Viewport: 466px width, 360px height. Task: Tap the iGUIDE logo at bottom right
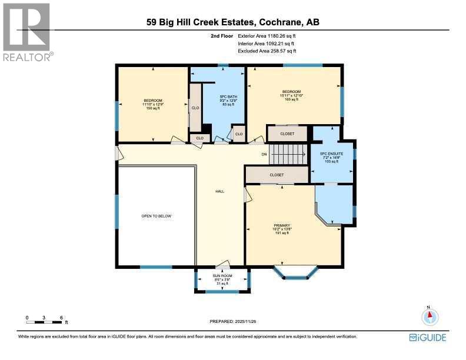click(x=428, y=337)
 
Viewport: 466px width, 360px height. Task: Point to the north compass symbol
click(x=430, y=316)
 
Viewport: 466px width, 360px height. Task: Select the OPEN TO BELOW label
click(x=156, y=216)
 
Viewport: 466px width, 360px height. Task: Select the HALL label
click(x=220, y=191)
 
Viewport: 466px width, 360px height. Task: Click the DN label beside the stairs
click(x=264, y=155)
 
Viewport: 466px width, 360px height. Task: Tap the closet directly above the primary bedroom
click(x=277, y=175)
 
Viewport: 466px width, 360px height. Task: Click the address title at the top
click(x=234, y=23)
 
